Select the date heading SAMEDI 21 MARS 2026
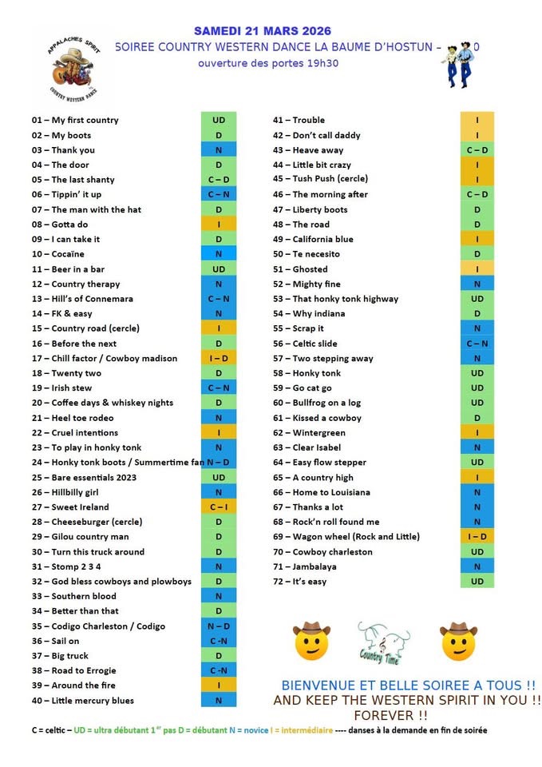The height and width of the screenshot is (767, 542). tap(263, 31)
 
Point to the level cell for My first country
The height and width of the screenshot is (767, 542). tap(219, 120)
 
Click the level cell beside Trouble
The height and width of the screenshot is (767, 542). tap(477, 120)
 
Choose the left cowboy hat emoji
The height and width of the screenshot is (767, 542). tap(311, 641)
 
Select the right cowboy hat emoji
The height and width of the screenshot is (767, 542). tap(458, 641)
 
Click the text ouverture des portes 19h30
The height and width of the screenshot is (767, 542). tap(268, 63)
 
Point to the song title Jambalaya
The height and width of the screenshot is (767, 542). tap(315, 566)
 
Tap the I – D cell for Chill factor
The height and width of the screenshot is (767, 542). tap(219, 359)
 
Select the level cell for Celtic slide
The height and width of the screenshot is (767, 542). tap(477, 344)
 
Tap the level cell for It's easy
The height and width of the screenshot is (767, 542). tap(477, 582)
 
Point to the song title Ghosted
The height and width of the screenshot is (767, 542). tap(310, 269)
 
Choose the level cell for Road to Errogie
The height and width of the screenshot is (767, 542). tap(219, 671)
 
